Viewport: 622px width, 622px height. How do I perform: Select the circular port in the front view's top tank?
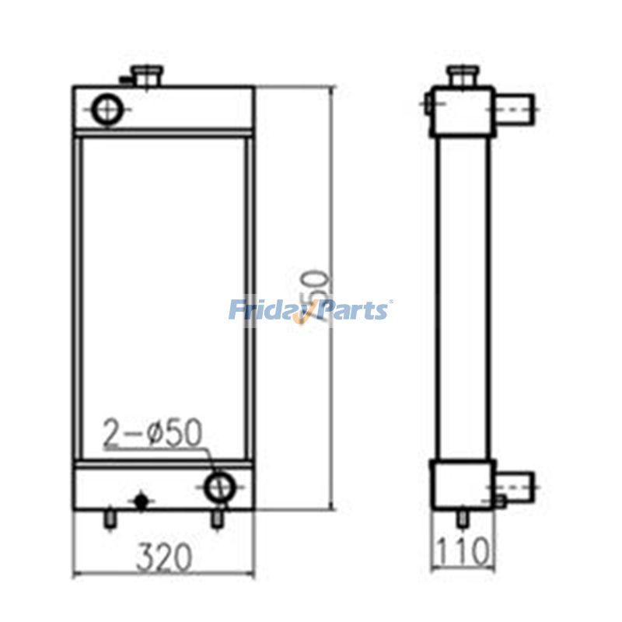click(106, 109)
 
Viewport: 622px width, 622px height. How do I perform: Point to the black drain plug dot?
click(141, 501)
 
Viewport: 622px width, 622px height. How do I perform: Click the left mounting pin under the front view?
click(110, 517)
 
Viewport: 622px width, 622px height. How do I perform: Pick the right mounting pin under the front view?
click(218, 517)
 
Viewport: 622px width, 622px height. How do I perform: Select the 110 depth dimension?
click(463, 553)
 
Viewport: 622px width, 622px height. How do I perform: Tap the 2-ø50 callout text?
click(153, 434)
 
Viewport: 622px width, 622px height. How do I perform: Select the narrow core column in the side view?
click(463, 295)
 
